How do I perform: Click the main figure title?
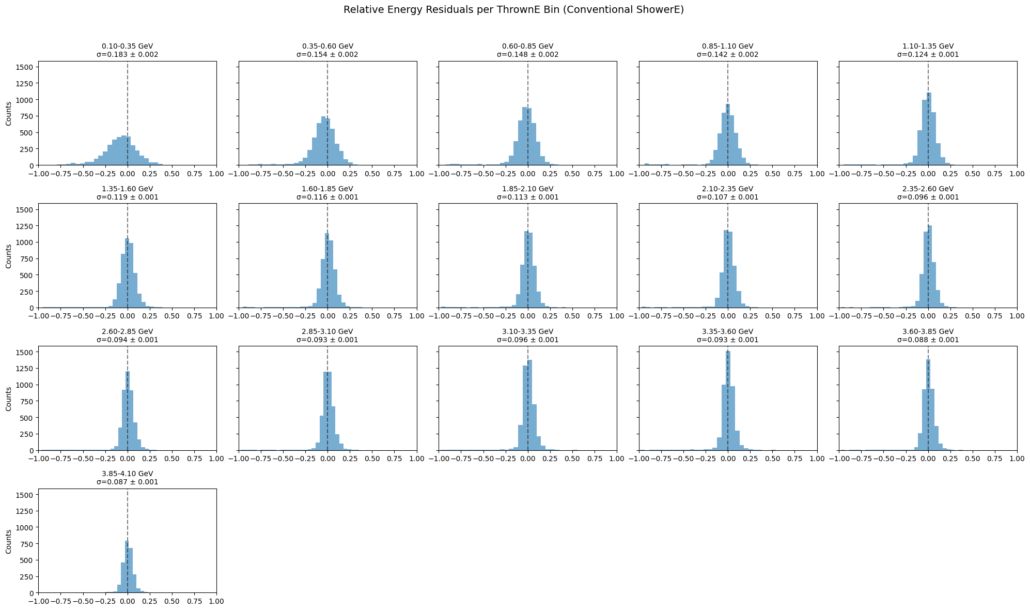pyautogui.click(x=513, y=10)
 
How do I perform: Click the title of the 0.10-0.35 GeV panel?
pyautogui.click(x=128, y=46)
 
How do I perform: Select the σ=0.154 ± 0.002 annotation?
pyautogui.click(x=327, y=54)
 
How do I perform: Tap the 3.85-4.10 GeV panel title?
pyautogui.click(x=128, y=474)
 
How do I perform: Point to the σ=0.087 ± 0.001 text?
pyautogui.click(x=128, y=482)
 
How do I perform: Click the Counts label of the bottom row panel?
pyautogui.click(x=9, y=541)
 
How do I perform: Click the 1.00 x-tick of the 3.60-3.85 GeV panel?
pyautogui.click(x=1017, y=458)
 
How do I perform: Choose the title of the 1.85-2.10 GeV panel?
pyautogui.click(x=527, y=189)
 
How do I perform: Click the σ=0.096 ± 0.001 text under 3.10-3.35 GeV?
pyautogui.click(x=527, y=340)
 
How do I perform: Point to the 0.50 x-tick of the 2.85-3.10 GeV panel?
pyautogui.click(x=372, y=458)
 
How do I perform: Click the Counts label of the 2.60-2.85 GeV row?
pyautogui.click(x=9, y=399)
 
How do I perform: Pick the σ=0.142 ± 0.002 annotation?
pyautogui.click(x=728, y=54)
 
